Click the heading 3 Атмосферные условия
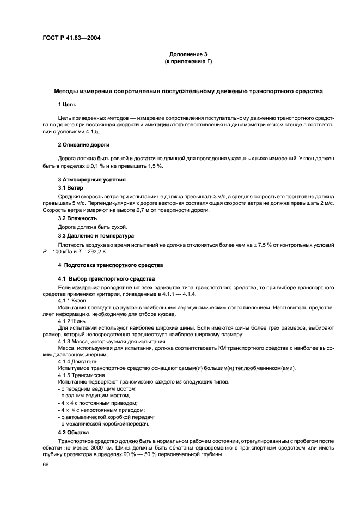(92, 179)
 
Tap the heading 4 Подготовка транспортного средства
(111, 265)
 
